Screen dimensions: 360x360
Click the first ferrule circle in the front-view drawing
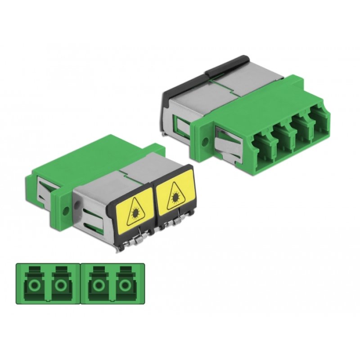pyautogui.click(x=33, y=285)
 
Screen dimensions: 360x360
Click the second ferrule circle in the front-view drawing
pyautogui.click(x=60, y=285)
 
